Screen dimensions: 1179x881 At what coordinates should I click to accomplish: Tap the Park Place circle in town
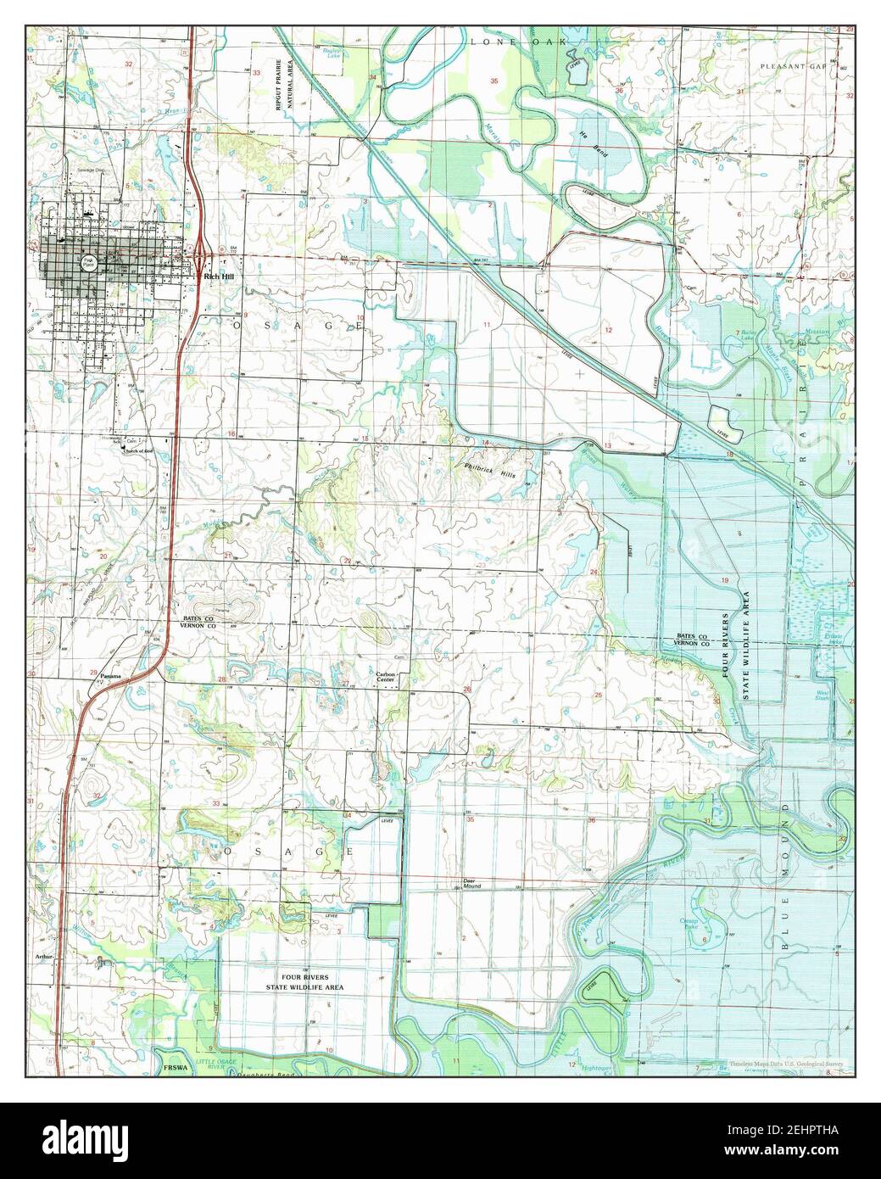[x=87, y=264]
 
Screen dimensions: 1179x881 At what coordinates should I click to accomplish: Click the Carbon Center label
[x=387, y=677]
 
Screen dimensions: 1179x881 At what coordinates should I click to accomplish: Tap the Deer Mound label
[x=471, y=883]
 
